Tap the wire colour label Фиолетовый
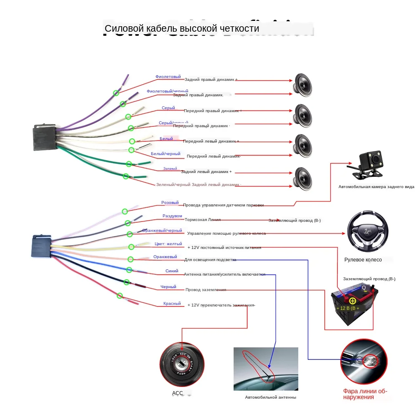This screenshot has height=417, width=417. coord(168,77)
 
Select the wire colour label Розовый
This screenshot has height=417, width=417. coord(170,203)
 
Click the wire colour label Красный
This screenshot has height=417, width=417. coord(172,304)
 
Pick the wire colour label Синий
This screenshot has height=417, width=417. coord(172,271)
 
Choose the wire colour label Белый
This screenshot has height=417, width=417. coord(166,138)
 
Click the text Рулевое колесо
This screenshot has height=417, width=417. coord(363,260)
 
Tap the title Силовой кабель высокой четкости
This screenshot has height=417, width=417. coord(182,28)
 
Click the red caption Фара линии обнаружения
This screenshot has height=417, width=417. coord(365,394)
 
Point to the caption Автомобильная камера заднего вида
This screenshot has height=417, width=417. coord(376,187)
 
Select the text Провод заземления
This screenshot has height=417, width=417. coord(206,290)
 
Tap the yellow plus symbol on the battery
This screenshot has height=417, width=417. coord(352,301)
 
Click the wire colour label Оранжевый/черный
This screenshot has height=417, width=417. coord(162,230)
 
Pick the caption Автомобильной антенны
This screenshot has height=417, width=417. coord(270,397)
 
